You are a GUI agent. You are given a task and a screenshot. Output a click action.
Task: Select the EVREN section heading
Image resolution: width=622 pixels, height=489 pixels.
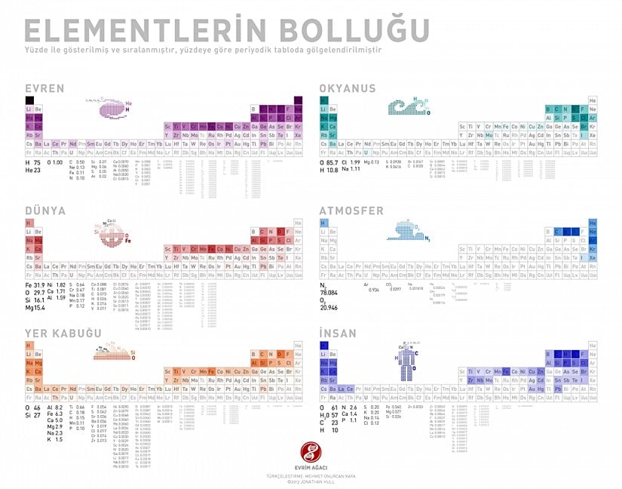click(44, 89)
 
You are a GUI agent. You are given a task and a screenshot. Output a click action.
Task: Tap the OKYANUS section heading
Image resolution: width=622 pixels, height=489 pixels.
click(347, 89)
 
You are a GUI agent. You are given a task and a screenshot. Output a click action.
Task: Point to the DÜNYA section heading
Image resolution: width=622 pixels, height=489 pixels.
click(44, 211)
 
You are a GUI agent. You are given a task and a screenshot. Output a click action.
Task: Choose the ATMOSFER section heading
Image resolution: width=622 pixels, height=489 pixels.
click(351, 211)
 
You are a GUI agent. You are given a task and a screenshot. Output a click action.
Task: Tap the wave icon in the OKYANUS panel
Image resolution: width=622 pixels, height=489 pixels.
click(406, 109)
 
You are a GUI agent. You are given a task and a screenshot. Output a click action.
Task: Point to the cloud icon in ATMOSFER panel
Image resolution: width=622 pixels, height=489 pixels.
click(406, 231)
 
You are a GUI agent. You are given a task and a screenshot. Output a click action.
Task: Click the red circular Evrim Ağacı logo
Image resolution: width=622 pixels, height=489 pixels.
click(310, 452)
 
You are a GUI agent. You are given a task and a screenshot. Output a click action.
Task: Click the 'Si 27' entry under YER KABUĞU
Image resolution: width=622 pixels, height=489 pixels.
click(32, 415)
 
